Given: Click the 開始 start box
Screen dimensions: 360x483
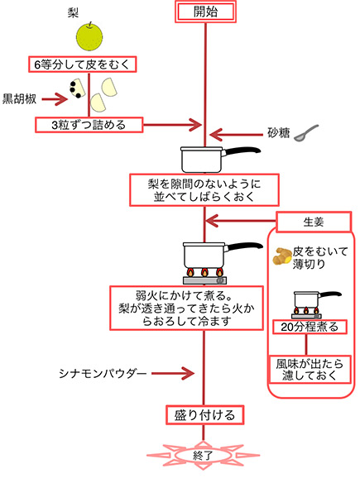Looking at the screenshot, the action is pyautogui.click(x=205, y=12).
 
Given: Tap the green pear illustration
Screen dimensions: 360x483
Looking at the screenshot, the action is pyautogui.click(x=89, y=36).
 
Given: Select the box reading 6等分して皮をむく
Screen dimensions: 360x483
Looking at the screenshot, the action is pyautogui.click(x=83, y=65).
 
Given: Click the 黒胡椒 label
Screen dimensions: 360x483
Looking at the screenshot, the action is pyautogui.click(x=19, y=99).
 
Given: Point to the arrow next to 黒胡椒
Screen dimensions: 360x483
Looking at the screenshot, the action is pyautogui.click(x=55, y=99).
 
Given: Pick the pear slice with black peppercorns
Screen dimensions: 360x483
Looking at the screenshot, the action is pyautogui.click(x=77, y=88).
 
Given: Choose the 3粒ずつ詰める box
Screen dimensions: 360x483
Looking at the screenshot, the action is pyautogui.click(x=89, y=125).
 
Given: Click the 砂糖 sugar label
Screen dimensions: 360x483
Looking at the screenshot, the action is pyautogui.click(x=279, y=133).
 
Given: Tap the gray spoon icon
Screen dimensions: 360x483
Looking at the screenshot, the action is pyautogui.click(x=305, y=133).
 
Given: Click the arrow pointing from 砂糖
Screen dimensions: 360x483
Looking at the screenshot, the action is pyautogui.click(x=236, y=135).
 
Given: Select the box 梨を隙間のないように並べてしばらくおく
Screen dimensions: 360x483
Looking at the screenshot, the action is pyautogui.click(x=204, y=190).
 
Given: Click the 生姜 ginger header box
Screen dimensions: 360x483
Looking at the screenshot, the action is pyautogui.click(x=314, y=222).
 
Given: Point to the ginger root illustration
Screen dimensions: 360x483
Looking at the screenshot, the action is pyautogui.click(x=282, y=256).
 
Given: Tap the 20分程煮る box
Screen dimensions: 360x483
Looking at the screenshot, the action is pyautogui.click(x=310, y=327).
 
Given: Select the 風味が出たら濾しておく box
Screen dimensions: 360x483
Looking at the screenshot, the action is pyautogui.click(x=310, y=370).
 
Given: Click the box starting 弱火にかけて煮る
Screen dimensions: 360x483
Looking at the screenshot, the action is pyautogui.click(x=187, y=308).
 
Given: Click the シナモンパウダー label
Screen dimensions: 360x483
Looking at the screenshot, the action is pyautogui.click(x=103, y=374).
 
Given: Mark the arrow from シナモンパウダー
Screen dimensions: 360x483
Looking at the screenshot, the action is pyautogui.click(x=173, y=373).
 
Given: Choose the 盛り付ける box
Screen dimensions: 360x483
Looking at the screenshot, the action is pyautogui.click(x=205, y=415).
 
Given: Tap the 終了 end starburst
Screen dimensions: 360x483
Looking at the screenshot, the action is pyautogui.click(x=203, y=455).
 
